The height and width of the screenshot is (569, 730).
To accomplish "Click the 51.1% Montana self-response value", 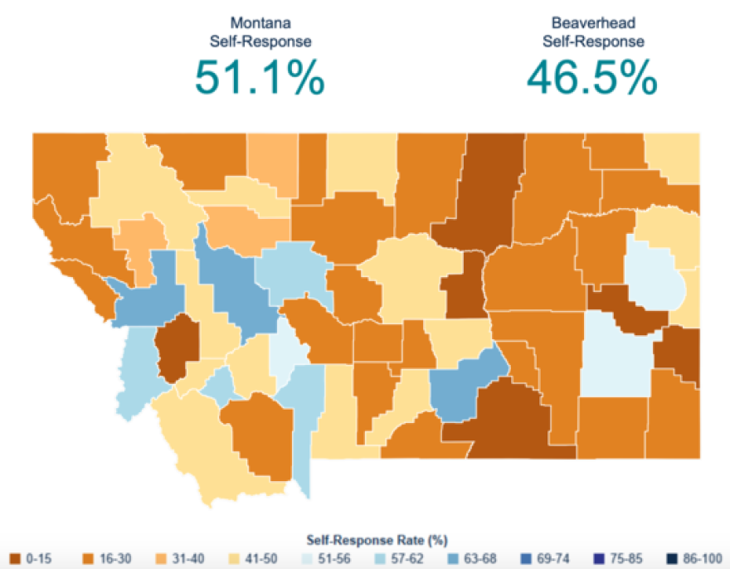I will [259, 77].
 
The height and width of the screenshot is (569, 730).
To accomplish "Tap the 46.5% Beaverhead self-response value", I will [591, 77].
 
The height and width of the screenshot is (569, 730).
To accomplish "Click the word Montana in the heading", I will [259, 22].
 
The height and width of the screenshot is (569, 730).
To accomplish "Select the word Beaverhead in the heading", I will [592, 22].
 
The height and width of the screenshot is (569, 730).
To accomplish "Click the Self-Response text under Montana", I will [259, 40].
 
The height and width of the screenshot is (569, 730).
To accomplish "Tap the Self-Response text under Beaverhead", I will [592, 40].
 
